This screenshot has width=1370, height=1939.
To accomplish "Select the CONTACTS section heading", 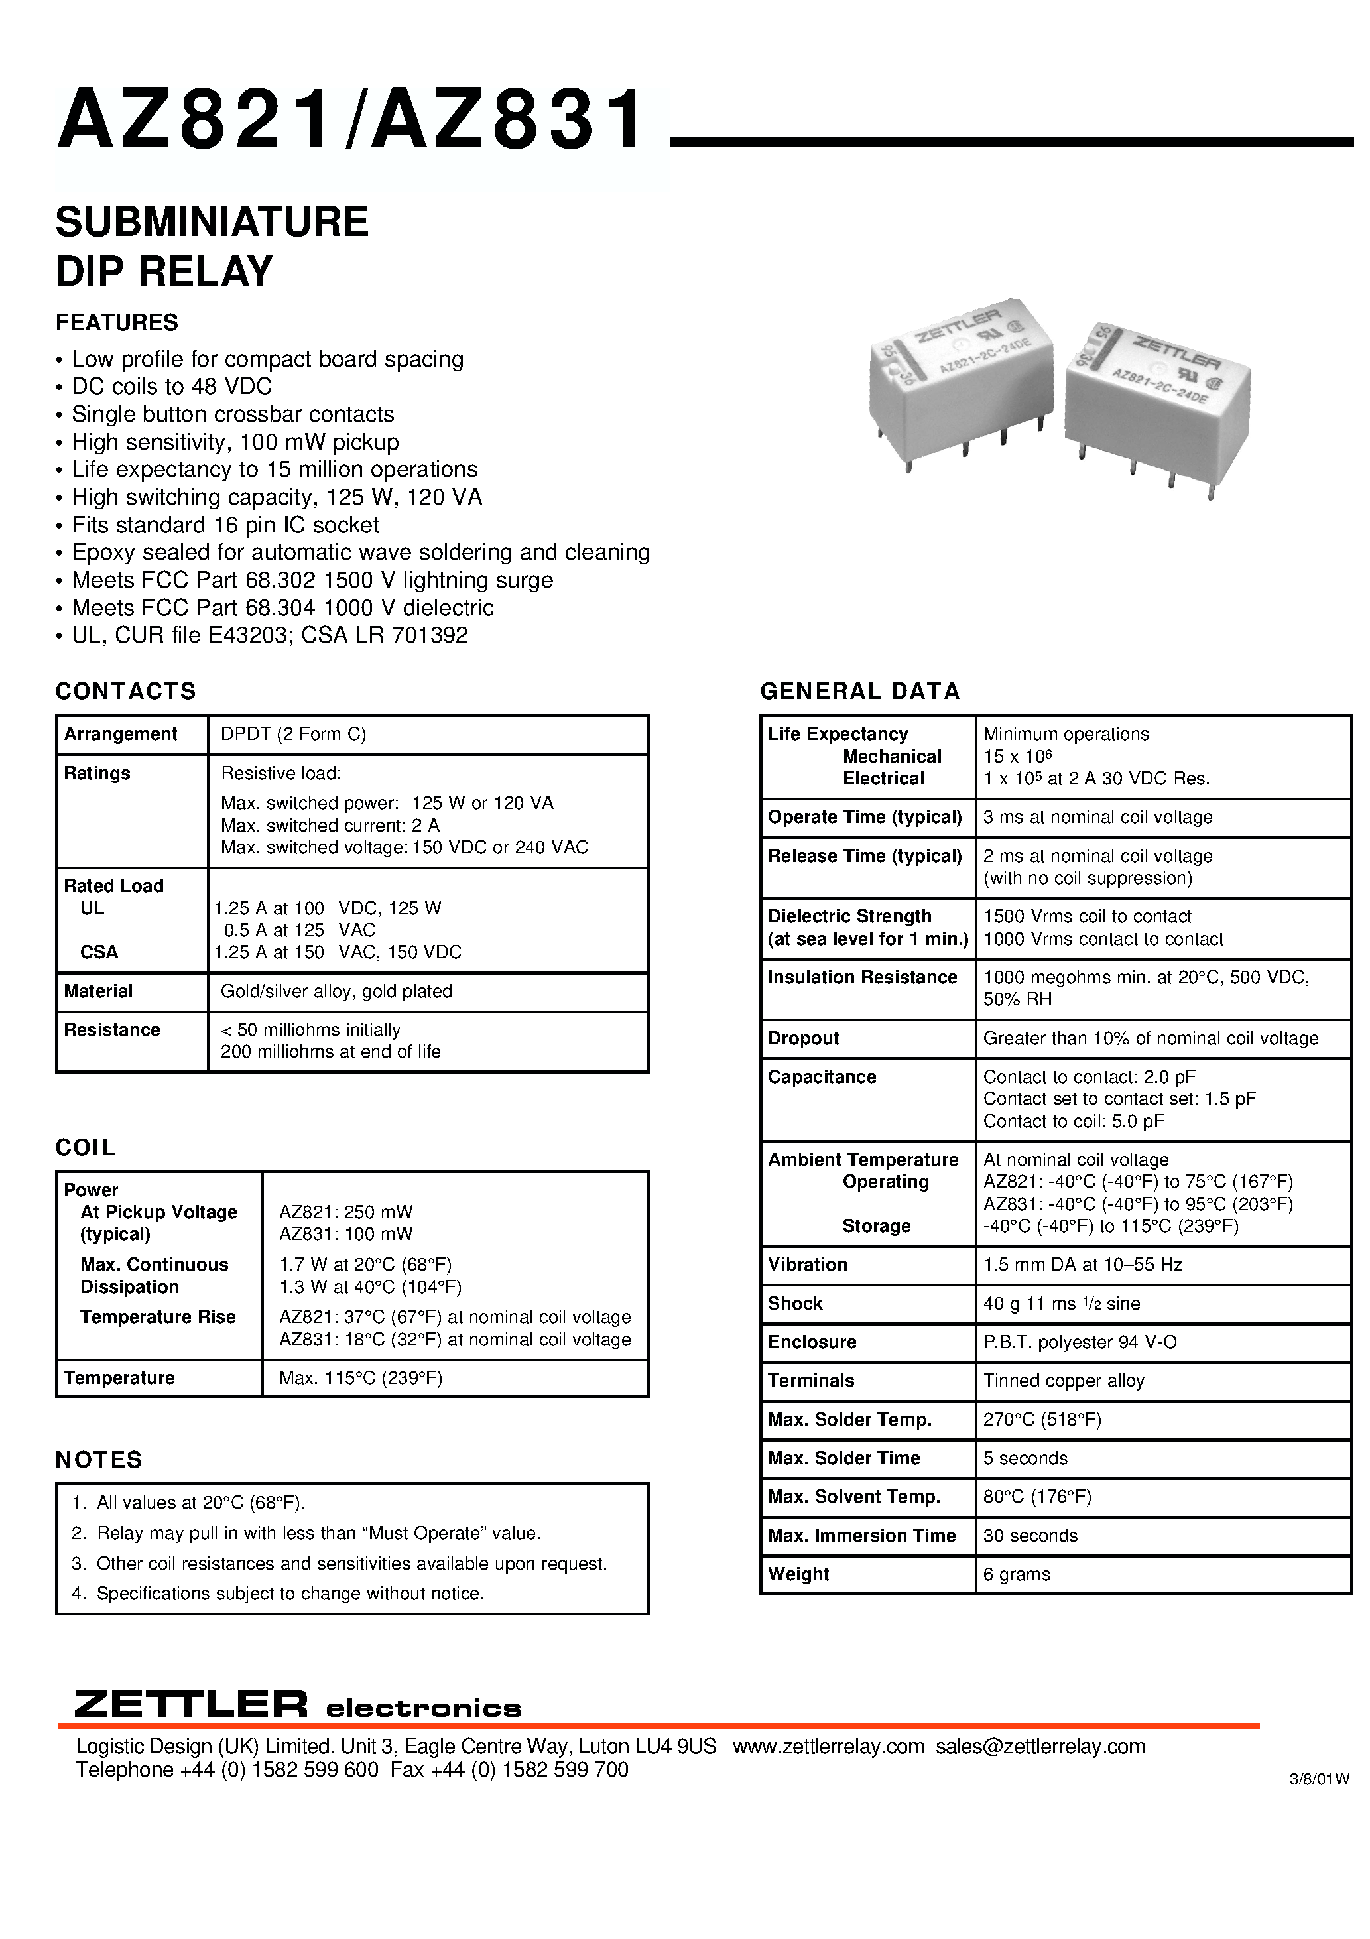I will pos(126,691).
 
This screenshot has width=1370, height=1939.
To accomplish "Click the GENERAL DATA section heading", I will pos(860,691).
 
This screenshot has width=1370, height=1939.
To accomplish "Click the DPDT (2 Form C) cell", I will pos(293,734).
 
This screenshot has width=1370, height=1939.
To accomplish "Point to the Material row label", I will pos(98,991).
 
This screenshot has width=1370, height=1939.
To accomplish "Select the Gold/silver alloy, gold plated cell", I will pos(336,991).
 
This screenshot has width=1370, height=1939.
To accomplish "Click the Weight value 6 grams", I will pos(1016,1574).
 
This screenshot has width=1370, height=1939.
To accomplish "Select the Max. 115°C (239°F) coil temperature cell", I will pos(361,1377).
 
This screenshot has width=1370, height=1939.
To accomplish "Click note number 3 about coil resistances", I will pos(340,1563).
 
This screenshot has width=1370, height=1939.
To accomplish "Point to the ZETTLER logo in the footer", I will pos(191,1704).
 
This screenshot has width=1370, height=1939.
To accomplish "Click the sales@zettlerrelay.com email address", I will pos(1040,1747).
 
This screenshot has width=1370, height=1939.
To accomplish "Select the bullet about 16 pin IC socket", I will pos(225,525).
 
